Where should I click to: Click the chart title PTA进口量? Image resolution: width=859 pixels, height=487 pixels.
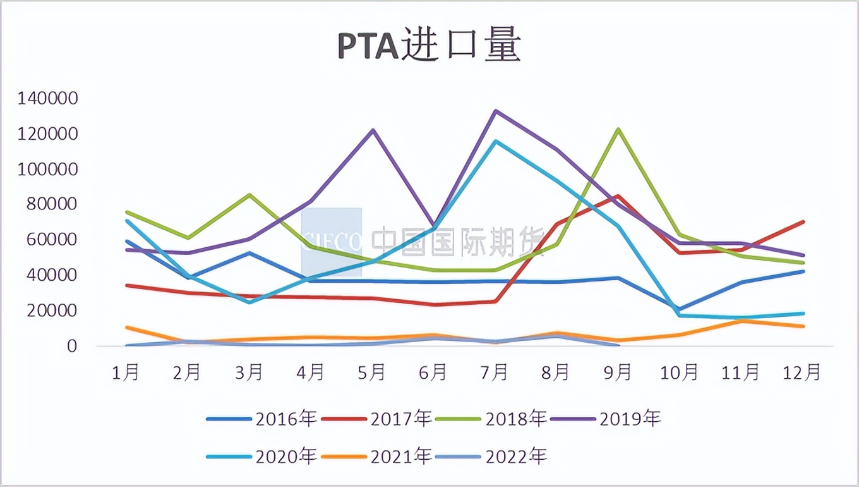pyautogui.click(x=429, y=46)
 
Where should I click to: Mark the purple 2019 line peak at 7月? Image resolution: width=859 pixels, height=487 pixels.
pyautogui.click(x=495, y=111)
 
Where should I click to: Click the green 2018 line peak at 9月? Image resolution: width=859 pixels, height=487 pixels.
pyautogui.click(x=618, y=129)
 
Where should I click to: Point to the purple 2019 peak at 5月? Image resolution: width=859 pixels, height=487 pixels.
pyautogui.click(x=373, y=130)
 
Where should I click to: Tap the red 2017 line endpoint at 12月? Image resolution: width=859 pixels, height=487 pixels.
pyautogui.click(x=803, y=222)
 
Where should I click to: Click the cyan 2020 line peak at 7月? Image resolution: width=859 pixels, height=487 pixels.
pyautogui.click(x=496, y=141)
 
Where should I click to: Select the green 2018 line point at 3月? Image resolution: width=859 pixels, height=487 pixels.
pyautogui.click(x=249, y=195)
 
